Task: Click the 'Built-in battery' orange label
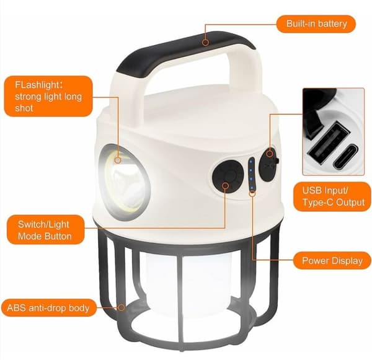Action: coord(316,24)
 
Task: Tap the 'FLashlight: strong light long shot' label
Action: coord(48,96)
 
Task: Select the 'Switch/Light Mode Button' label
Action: coord(45,230)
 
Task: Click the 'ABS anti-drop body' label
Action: coord(48,308)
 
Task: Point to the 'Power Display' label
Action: coord(332,261)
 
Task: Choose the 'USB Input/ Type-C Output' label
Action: coord(332,196)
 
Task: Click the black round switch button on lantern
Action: coord(227,177)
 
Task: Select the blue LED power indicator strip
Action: coord(252,174)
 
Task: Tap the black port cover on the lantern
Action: coord(268,165)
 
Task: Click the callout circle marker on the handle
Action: coord(206,43)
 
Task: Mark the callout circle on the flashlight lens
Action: coord(118,160)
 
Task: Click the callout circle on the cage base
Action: coord(122,307)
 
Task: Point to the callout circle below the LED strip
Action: coord(252,193)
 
